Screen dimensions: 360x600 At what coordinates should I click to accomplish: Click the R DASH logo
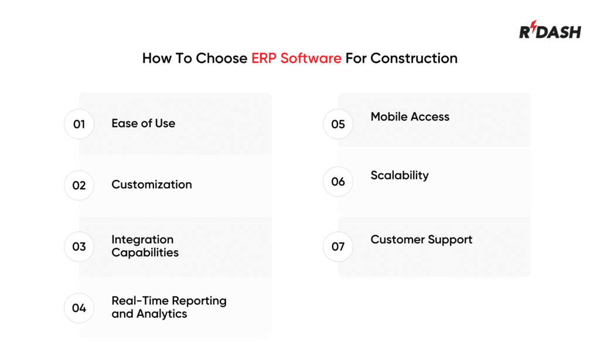point(550,30)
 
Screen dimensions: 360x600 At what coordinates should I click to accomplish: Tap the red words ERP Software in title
point(296,59)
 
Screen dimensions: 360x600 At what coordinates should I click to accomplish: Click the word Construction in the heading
point(414,59)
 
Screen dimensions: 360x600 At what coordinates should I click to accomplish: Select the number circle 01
point(79,124)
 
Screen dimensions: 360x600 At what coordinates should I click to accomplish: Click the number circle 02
point(79,185)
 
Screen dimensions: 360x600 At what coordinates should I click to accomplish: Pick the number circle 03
point(79,247)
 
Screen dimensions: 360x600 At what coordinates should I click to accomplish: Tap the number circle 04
point(79,308)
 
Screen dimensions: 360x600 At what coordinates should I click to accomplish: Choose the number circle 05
point(338,124)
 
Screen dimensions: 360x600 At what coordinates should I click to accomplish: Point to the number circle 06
point(338,182)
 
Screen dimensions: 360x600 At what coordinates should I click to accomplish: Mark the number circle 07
point(338,247)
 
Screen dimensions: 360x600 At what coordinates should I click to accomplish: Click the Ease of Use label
point(143,124)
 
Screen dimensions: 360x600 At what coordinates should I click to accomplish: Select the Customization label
point(151,185)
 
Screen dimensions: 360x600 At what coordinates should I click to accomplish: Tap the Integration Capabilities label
point(145,246)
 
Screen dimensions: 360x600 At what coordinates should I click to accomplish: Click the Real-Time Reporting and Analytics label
point(169,307)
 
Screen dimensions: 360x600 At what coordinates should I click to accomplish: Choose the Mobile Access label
point(410,117)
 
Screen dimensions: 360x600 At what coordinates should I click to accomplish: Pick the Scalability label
point(399,175)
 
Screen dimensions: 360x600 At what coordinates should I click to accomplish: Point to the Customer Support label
point(421,240)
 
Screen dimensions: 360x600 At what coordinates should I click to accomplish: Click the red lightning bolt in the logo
point(534,29)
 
